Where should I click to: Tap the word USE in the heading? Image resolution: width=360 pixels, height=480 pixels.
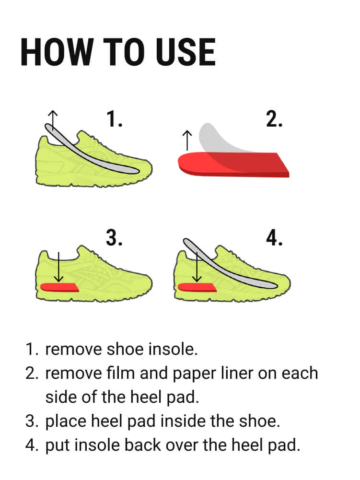tap(186, 52)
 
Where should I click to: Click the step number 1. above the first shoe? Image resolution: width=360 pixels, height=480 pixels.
tap(115, 119)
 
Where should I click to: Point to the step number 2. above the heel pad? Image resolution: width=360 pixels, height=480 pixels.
tap(274, 119)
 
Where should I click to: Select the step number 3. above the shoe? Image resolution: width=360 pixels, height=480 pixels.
tap(115, 237)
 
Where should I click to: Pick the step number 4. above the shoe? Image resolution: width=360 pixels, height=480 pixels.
tap(274, 237)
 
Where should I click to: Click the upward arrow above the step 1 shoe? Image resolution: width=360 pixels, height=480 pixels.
tap(53, 121)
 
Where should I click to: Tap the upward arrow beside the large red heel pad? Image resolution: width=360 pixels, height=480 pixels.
tap(187, 140)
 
